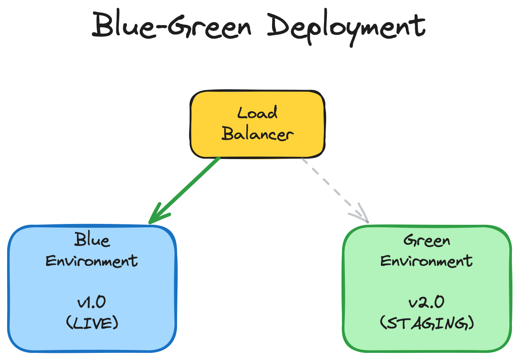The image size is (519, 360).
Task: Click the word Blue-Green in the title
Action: tap(172, 26)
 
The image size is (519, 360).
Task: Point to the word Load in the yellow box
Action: tap(257, 113)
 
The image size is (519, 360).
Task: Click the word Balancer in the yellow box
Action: tap(257, 134)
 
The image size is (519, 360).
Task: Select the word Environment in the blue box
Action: tap(92, 261)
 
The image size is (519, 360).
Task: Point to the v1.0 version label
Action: tap(92, 302)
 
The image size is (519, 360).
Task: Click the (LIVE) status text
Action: tap(92, 323)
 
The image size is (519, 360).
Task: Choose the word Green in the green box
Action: tap(427, 241)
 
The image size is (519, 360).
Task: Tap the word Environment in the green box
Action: tap(427, 261)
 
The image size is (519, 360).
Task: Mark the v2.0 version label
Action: tap(427, 302)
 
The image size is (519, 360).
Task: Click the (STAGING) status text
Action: tap(427, 323)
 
